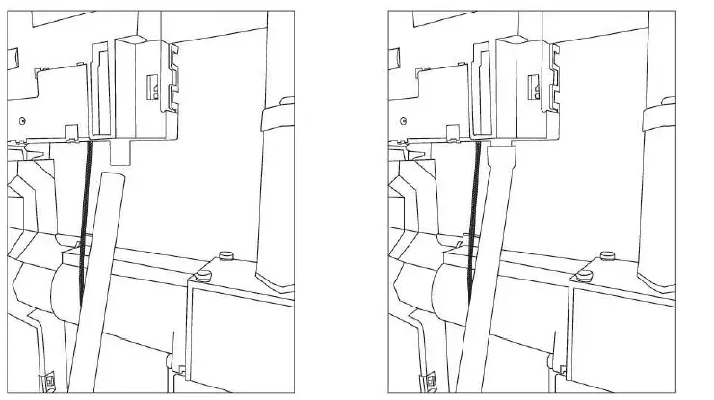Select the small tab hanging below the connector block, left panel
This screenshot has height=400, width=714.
tap(121, 149)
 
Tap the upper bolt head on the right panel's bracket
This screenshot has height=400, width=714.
tap(609, 254)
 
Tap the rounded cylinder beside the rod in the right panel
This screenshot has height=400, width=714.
tap(447, 284)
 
